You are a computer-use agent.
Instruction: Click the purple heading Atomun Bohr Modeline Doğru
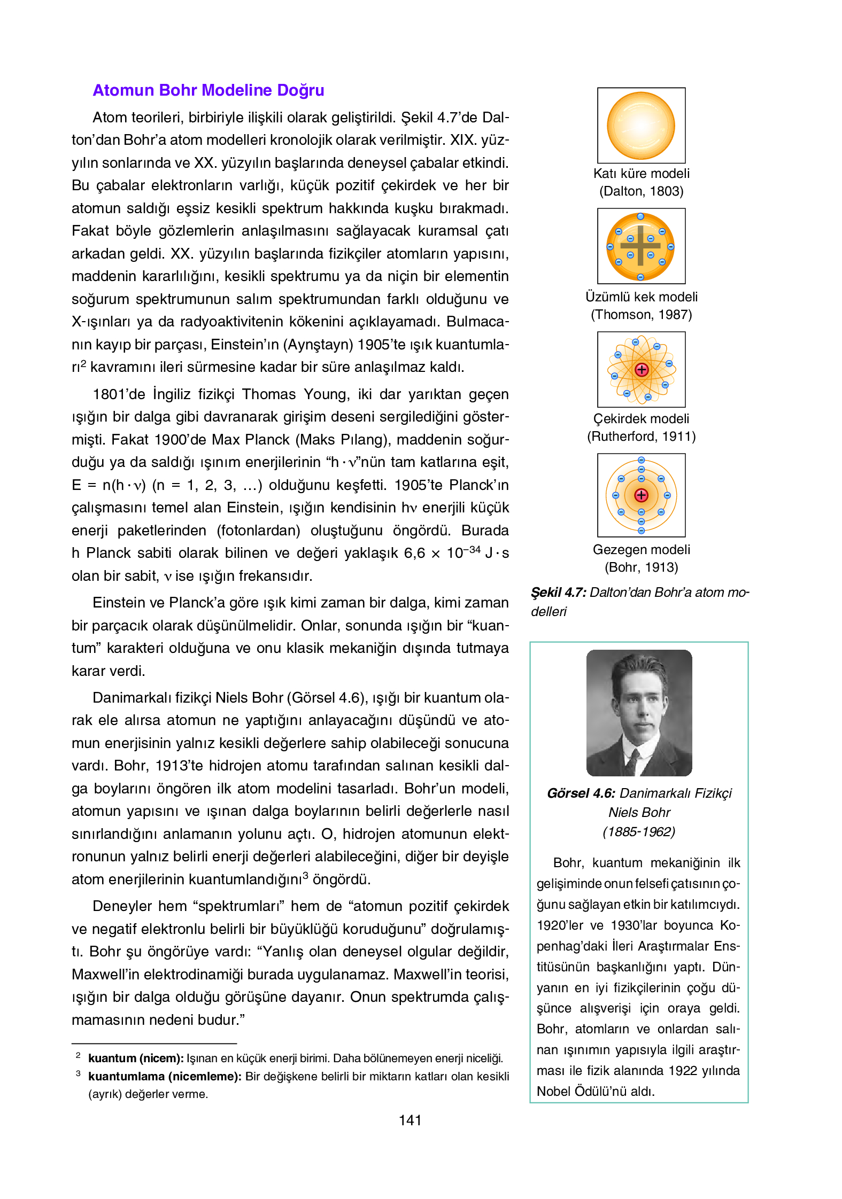[x=208, y=90]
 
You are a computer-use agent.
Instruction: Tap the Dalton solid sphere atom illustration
[x=640, y=126]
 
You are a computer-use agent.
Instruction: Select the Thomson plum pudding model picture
[x=640, y=246]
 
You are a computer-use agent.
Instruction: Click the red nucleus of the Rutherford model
[x=642, y=370]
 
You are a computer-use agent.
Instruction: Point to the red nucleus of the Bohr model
[x=641, y=495]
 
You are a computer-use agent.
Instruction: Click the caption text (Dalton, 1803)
[x=641, y=191]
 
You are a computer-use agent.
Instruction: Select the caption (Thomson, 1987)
[x=641, y=315]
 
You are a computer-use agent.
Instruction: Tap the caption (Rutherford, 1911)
[x=641, y=437]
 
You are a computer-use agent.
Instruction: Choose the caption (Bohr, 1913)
[x=641, y=567]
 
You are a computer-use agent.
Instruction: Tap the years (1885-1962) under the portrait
[x=639, y=832]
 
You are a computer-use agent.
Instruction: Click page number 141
[x=410, y=1120]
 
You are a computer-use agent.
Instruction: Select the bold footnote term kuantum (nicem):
[x=136, y=1058]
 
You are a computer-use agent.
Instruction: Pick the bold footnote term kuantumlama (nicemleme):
[x=165, y=1077]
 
